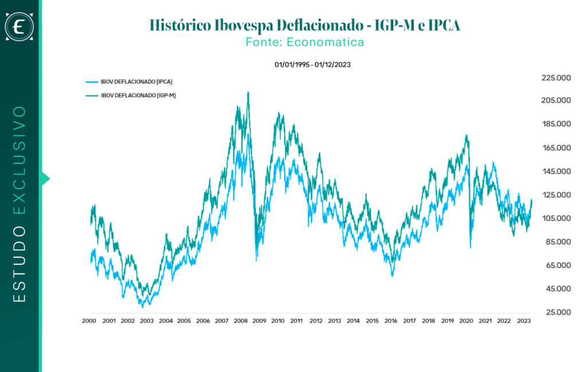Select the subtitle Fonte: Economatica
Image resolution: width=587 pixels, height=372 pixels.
pyautogui.click(x=304, y=42)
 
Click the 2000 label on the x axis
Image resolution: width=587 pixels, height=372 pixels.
pyautogui.click(x=89, y=321)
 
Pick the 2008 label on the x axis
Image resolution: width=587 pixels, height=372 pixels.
pyautogui.click(x=240, y=321)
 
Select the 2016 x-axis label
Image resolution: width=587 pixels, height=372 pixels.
pyautogui.click(x=390, y=321)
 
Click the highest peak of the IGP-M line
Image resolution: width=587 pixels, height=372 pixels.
pyautogui.click(x=248, y=92)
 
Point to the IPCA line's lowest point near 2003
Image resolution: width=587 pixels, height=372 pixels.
pyautogui.click(x=143, y=307)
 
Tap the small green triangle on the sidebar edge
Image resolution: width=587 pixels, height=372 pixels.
pyautogui.click(x=46, y=179)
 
